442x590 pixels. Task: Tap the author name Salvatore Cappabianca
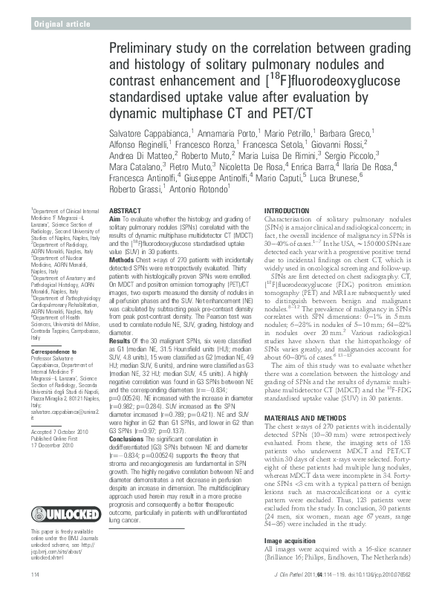point(155,131)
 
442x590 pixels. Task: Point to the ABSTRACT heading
point(126,211)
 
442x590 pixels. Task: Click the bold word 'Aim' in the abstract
point(114,218)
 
